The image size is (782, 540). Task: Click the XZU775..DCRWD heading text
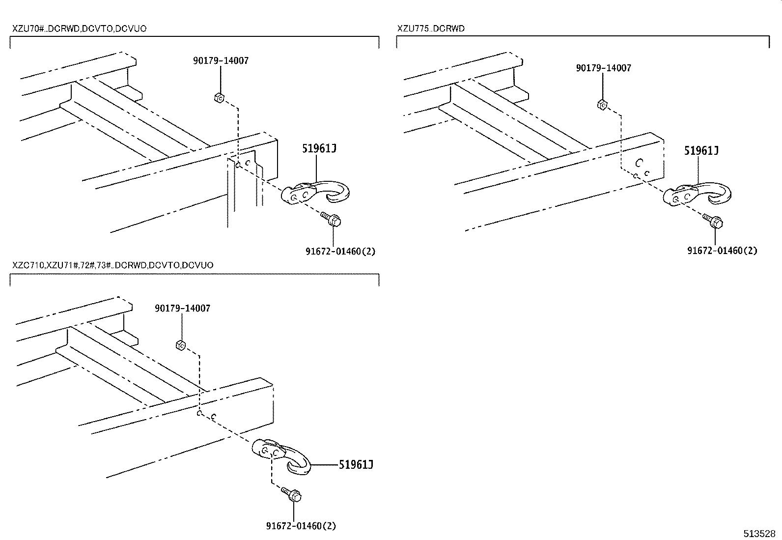[431, 28]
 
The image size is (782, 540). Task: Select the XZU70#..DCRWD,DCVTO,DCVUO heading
[79, 29]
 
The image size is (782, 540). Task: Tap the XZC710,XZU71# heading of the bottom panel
[112, 265]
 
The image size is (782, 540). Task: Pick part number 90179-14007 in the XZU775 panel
[603, 68]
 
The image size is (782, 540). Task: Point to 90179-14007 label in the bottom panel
[182, 309]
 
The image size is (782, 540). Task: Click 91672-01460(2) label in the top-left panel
[340, 251]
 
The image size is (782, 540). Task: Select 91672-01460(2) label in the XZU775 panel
[722, 251]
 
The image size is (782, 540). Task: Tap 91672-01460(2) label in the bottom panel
[301, 526]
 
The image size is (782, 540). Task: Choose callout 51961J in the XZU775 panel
[701, 150]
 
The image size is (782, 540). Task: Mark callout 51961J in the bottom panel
[356, 464]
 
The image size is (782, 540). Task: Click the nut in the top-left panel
[219, 98]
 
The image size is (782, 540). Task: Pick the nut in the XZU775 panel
[602, 105]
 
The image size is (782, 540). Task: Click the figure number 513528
[758, 534]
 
